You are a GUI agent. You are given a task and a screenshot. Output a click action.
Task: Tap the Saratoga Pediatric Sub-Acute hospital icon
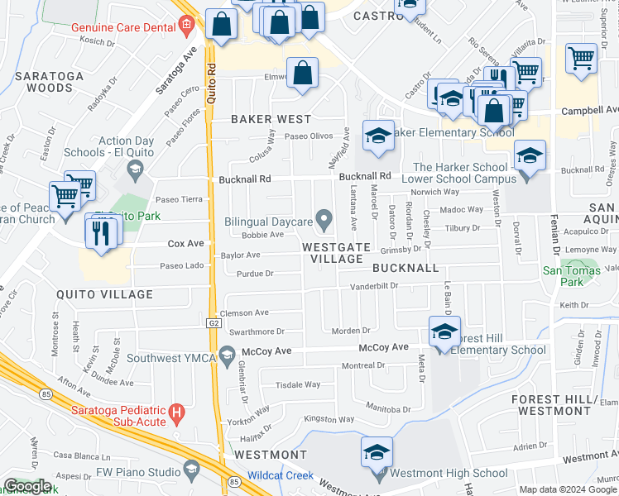(175, 413)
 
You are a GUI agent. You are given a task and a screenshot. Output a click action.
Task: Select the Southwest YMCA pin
(227, 356)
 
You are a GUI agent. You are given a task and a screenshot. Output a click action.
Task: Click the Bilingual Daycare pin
(324, 220)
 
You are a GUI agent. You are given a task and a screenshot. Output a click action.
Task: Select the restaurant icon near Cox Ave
(103, 230)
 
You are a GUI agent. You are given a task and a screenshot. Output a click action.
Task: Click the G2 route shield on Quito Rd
(212, 323)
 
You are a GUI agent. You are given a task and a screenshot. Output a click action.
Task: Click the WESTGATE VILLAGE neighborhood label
(332, 253)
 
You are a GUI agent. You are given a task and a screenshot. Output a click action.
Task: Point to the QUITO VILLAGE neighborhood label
(104, 294)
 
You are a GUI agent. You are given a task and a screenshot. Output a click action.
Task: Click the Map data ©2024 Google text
(568, 489)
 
